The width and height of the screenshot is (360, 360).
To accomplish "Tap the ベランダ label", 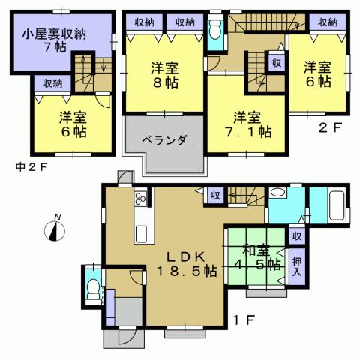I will point(162,139).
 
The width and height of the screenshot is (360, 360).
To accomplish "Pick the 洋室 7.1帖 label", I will point(244,124).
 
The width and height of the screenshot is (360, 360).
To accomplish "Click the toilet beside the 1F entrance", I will point(92,289).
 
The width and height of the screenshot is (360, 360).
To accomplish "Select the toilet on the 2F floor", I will point(215,31).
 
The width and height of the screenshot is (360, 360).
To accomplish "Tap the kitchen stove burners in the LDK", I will point(139,200).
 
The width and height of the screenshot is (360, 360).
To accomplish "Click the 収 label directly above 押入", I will point(298,236).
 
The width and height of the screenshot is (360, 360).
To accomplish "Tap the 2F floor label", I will point(331,127).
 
